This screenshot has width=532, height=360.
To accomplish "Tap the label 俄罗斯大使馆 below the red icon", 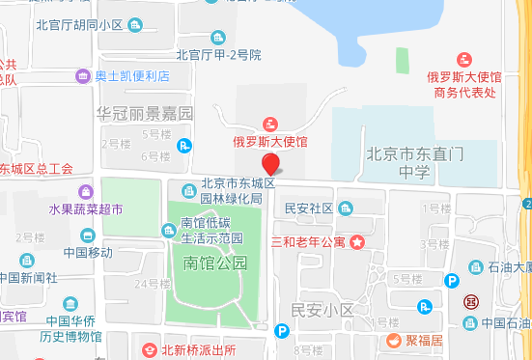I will pyautogui.click(x=269, y=142).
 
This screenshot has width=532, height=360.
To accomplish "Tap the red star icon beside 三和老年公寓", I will pyautogui.click(x=357, y=240).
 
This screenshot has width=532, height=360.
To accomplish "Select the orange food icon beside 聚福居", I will pyautogui.click(x=394, y=340).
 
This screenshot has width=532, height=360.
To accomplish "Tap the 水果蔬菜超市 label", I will pyautogui.click(x=86, y=208).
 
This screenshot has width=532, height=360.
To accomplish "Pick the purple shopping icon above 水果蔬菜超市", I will pyautogui.click(x=87, y=191).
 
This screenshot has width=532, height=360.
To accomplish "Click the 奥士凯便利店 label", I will pyautogui.click(x=132, y=75).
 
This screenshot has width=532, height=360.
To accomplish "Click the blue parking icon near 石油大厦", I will pyautogui.click(x=451, y=280).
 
